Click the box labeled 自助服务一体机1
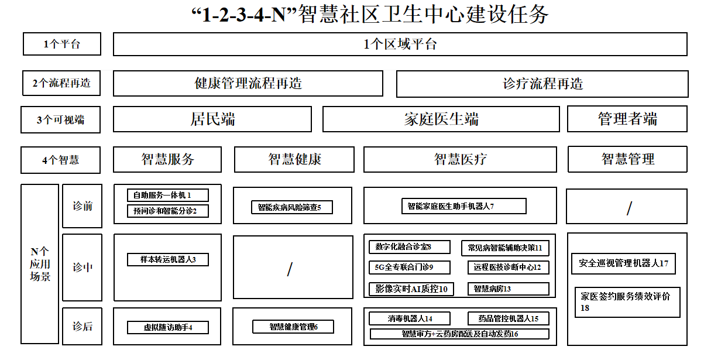pos(168,196)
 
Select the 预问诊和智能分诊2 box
pos(168,211)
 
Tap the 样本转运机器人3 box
pos(168,260)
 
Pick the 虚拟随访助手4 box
pos(168,327)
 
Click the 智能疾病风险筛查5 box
pos(292,207)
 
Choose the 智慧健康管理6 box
pos(293,327)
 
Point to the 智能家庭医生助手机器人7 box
pos(464,206)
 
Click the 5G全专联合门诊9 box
pos(410,268)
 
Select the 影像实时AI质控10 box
pos(411,289)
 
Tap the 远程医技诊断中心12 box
pos(509,268)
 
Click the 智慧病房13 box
pos(509,289)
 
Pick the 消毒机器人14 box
pos(410,318)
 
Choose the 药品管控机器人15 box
pos(509,318)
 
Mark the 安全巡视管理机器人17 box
pos(623,263)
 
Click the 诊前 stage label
pos(83,206)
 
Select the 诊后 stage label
pos(83,327)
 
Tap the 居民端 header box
pos(212,119)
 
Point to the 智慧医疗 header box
pos(460,159)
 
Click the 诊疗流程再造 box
pos(542,84)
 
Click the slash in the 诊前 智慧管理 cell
pos(629,208)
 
